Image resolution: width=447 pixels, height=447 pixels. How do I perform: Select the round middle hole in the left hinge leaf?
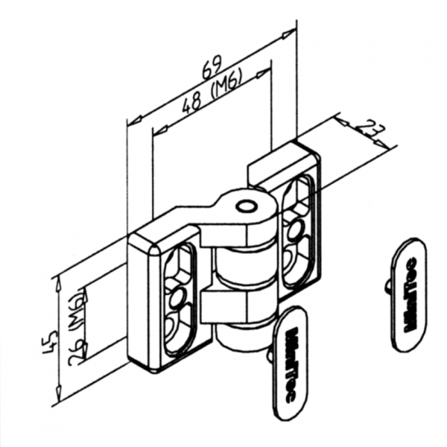pyautogui.click(x=177, y=299)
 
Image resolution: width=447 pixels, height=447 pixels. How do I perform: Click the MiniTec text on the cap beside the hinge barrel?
pyautogui.click(x=291, y=364)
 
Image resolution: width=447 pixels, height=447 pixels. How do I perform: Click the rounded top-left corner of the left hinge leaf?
pyautogui.click(x=138, y=242)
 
